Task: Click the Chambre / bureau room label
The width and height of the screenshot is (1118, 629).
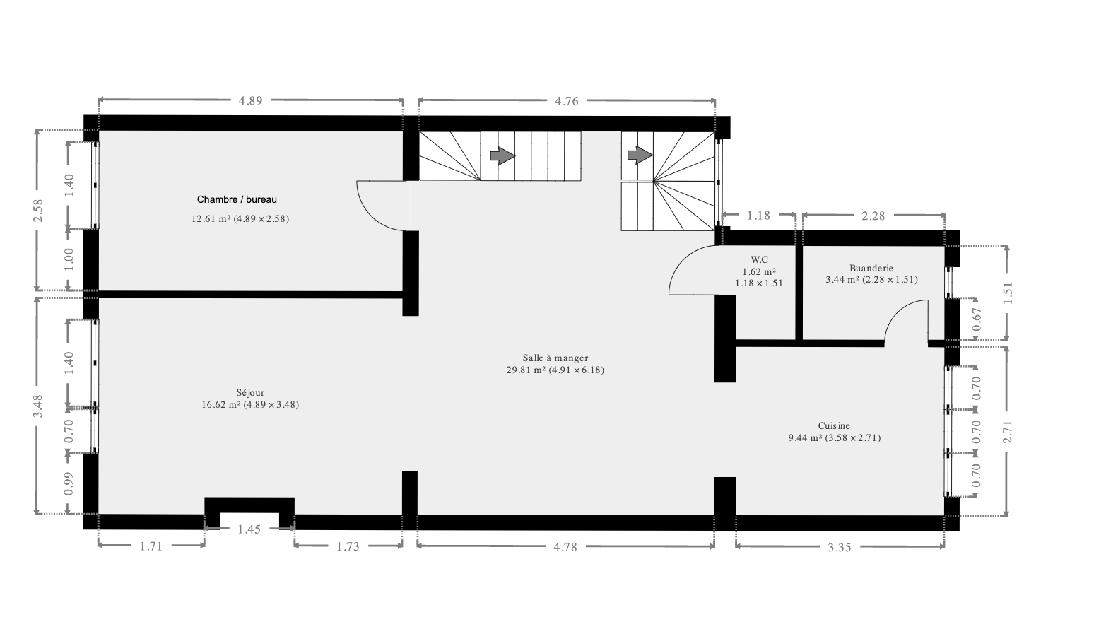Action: pos(237,200)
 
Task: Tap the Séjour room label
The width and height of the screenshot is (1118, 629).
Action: pos(250,393)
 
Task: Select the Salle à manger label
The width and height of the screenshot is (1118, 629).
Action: pos(555,358)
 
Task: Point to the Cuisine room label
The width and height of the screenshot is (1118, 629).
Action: pos(834,426)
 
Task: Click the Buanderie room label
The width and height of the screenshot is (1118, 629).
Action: pos(871,268)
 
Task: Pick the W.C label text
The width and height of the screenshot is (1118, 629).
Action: pos(759,259)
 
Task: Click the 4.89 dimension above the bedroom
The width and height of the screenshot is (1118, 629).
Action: pos(250,101)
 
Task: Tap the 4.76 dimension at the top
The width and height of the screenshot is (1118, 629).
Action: pos(567,101)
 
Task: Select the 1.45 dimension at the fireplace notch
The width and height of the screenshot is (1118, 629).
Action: pos(249,529)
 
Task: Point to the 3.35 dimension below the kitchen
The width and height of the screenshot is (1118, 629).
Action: pos(840,548)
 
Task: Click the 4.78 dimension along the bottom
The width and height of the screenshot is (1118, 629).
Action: pos(565,547)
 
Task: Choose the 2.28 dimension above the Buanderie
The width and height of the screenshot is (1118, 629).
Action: pos(873,216)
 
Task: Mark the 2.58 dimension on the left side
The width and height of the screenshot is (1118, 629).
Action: pos(38,211)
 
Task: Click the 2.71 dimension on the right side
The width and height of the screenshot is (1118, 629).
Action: pos(1008,432)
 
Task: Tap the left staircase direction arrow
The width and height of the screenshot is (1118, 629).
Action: pos(502,155)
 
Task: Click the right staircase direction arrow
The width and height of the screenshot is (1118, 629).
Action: pos(640,155)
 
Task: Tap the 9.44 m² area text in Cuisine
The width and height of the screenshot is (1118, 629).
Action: pos(805,438)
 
